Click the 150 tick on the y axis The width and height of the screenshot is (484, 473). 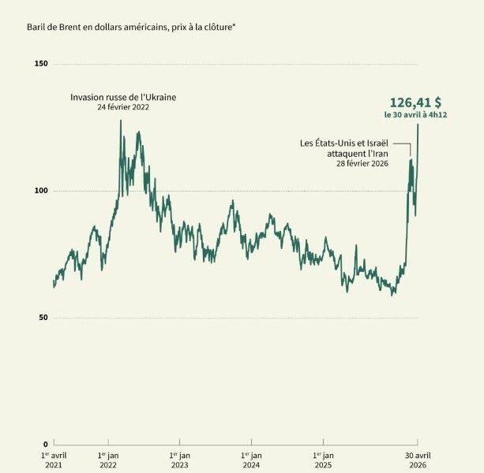[x=41, y=64]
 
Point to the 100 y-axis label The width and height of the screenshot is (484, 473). [x=41, y=191]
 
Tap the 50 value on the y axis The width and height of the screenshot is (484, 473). [x=43, y=318]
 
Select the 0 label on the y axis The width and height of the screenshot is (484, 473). [x=46, y=444]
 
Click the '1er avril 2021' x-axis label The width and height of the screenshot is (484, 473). [x=54, y=460]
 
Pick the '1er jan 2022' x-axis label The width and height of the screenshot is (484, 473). [x=108, y=460]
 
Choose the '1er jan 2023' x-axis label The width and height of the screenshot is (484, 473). [x=180, y=460]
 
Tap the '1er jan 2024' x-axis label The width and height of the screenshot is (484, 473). [x=251, y=460]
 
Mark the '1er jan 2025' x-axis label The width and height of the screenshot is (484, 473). [x=323, y=460]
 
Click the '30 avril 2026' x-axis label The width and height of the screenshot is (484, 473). [x=418, y=460]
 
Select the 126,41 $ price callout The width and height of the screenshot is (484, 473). [x=415, y=102]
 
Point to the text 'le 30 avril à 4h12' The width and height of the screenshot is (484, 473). [x=415, y=115]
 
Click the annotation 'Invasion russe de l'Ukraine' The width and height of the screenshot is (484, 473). [x=123, y=98]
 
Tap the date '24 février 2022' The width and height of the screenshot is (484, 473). [x=123, y=107]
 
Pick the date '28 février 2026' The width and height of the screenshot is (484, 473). [x=362, y=163]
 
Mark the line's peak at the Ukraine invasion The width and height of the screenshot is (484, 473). [x=120, y=121]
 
